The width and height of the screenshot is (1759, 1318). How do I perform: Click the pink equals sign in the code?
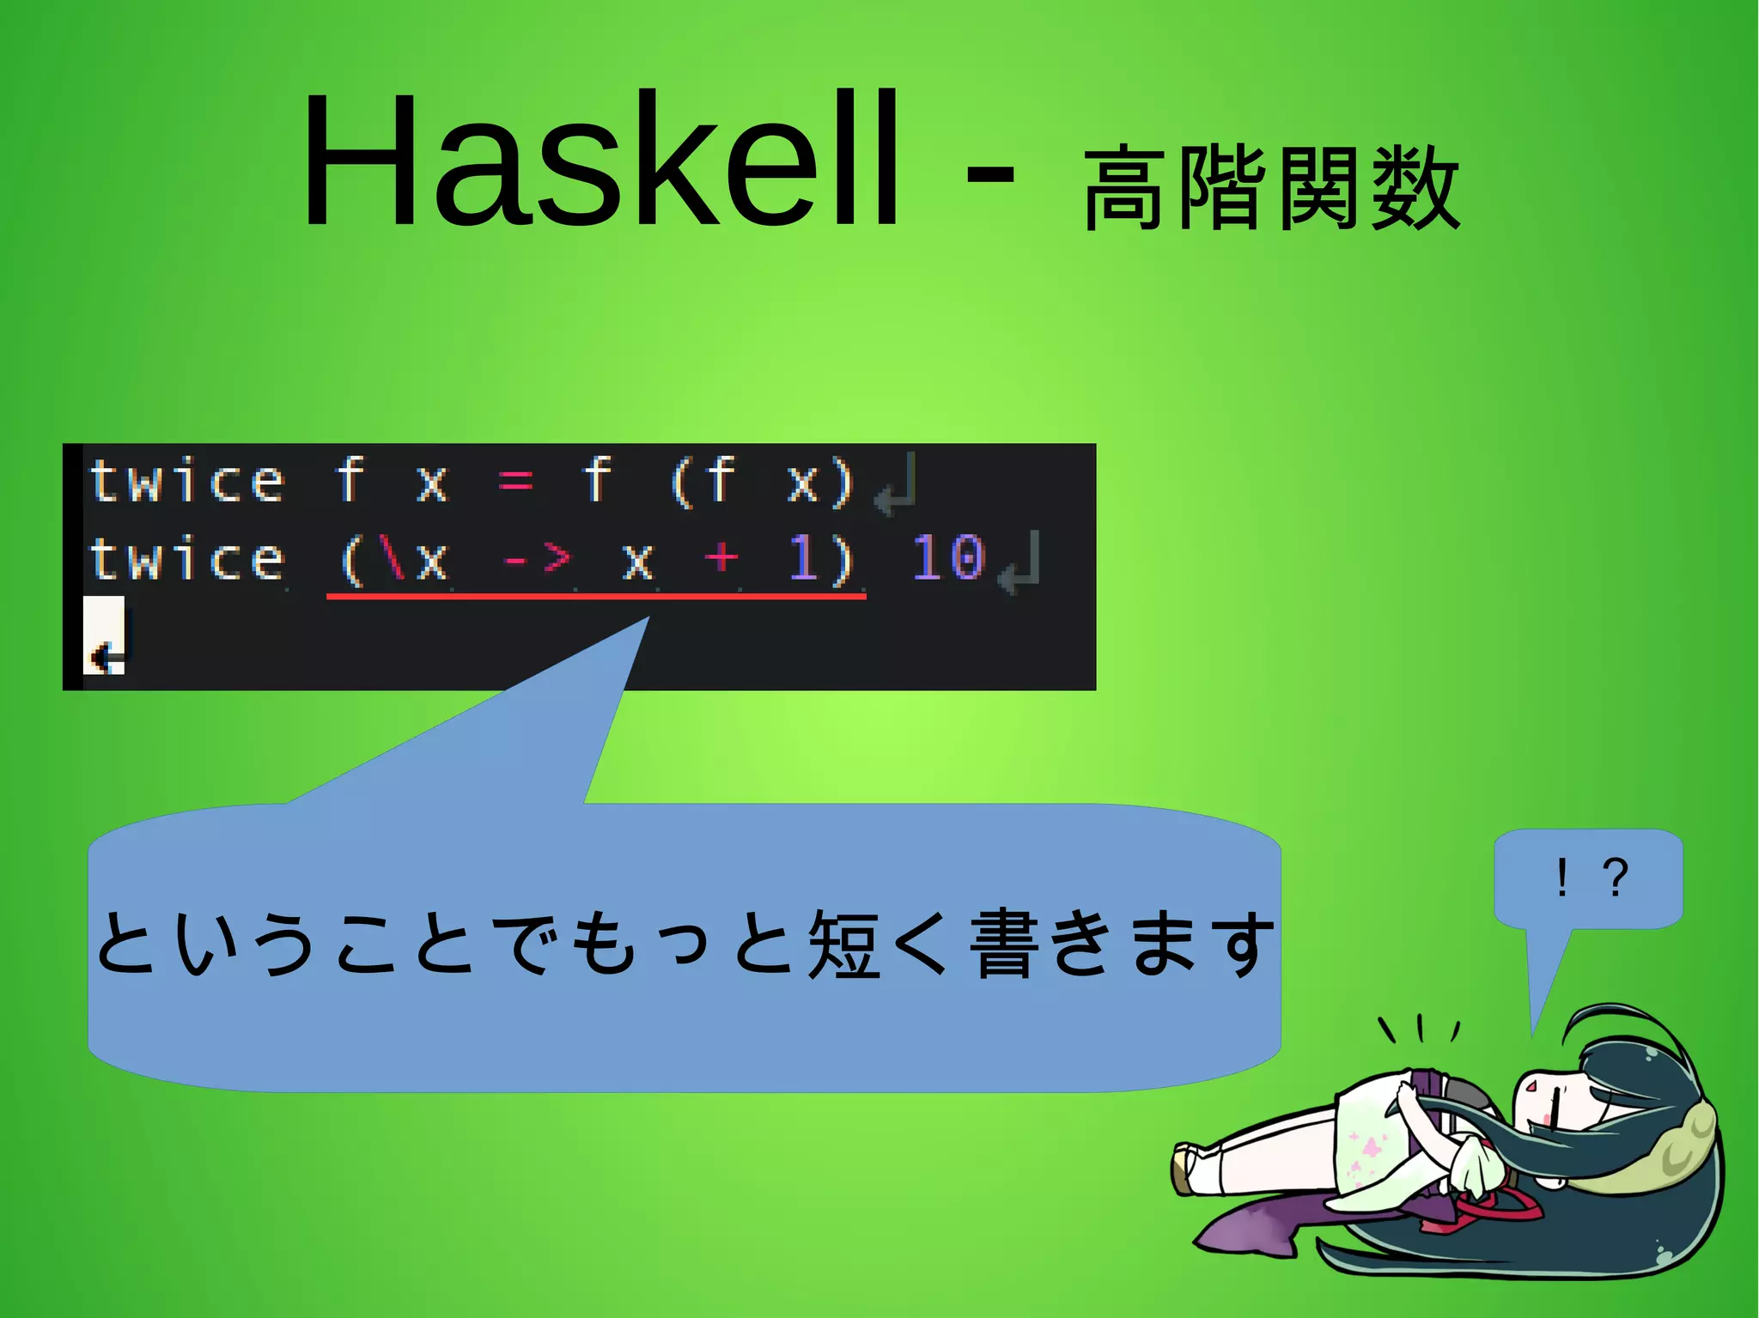[515, 481]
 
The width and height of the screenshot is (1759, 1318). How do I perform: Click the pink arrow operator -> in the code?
[537, 560]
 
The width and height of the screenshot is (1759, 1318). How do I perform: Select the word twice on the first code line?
[187, 481]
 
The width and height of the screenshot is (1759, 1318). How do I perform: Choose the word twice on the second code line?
[187, 559]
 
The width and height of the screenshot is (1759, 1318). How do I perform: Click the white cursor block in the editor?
[104, 635]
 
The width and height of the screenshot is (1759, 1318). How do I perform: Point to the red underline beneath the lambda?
[596, 595]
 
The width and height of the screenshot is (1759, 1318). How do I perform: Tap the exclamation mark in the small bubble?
[1561, 878]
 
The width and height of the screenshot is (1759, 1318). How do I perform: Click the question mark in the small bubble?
[1615, 878]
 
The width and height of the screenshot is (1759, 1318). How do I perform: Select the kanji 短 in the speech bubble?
[845, 944]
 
